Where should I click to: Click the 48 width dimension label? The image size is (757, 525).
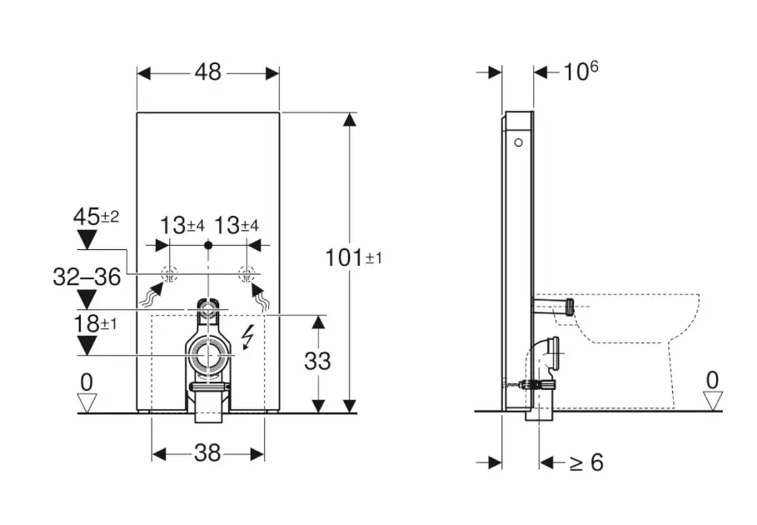(208, 72)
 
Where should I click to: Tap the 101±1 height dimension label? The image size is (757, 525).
(353, 257)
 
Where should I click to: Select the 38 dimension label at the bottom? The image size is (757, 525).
(207, 453)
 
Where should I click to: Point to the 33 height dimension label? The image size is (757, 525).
(318, 361)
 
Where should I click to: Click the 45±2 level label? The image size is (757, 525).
(96, 217)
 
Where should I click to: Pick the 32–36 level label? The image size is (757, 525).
(87, 277)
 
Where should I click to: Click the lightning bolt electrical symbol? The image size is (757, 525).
(247, 337)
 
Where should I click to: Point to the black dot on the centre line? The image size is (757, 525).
(208, 246)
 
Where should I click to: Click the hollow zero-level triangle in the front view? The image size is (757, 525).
(87, 402)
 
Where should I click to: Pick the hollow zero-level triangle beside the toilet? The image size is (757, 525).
(712, 401)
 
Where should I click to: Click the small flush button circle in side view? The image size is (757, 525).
(520, 143)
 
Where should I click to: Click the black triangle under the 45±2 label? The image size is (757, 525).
(86, 240)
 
